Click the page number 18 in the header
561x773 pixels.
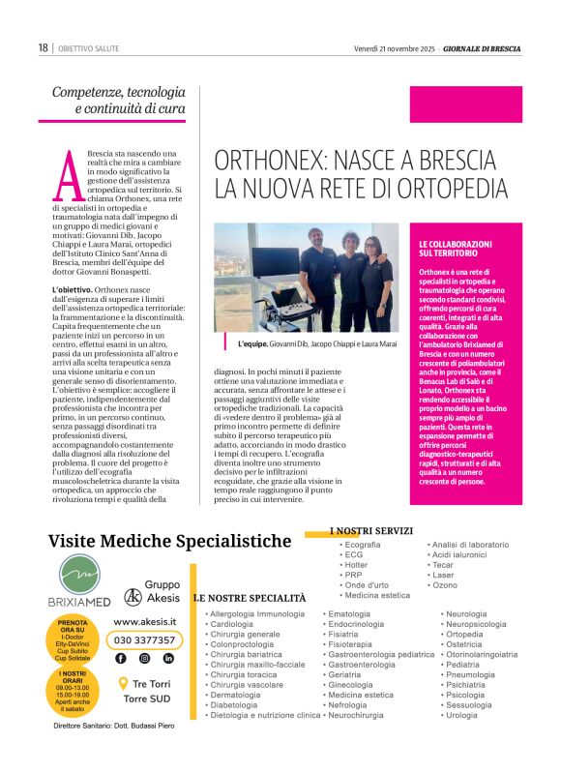tap(43, 47)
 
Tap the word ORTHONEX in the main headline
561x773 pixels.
tap(273, 161)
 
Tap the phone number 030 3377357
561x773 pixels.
tap(144, 639)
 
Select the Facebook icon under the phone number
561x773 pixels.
tap(120, 658)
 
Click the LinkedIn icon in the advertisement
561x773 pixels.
tap(168, 658)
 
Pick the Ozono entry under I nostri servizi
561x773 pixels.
tap(445, 585)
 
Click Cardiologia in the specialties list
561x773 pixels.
tap(231, 624)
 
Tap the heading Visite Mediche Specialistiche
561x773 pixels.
tap(169, 540)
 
